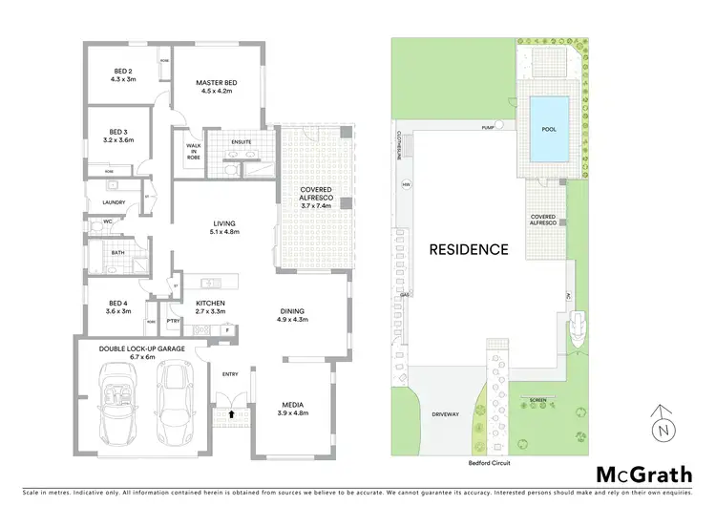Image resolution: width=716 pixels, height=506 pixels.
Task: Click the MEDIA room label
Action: click(292, 407)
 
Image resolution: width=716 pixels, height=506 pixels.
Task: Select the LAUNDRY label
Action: click(115, 202)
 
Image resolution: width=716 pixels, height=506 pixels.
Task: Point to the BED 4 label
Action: click(118, 306)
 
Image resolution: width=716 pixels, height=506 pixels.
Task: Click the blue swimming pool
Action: click(547, 128)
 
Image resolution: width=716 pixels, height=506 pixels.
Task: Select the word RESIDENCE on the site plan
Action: click(468, 250)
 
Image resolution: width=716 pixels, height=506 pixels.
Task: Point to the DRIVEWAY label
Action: click(446, 415)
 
